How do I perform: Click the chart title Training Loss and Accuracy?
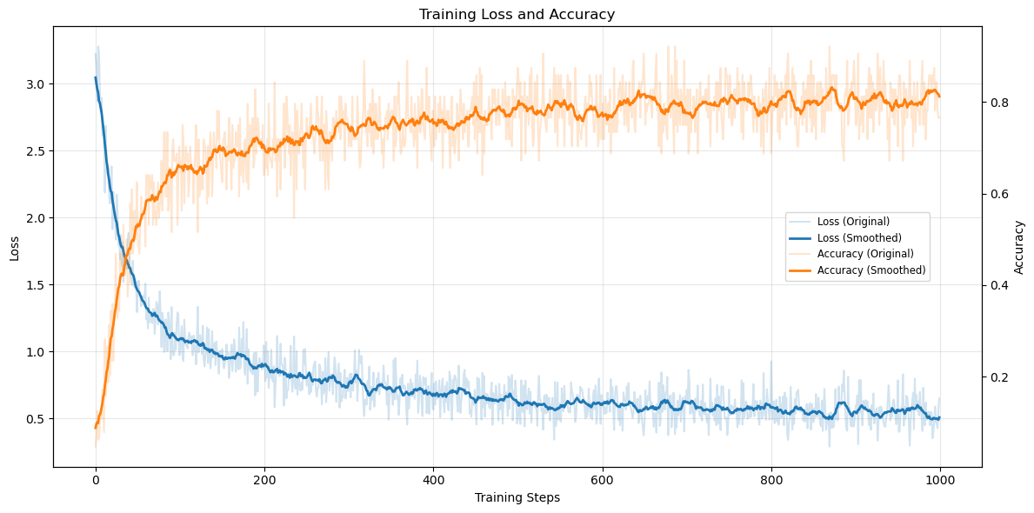[517, 14]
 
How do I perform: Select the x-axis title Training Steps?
[517, 497]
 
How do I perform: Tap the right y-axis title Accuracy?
[1019, 247]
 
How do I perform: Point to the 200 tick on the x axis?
[264, 479]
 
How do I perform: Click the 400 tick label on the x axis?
[433, 479]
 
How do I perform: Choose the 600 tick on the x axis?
[602, 479]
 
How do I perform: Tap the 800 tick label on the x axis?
[771, 479]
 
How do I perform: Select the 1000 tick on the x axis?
[940, 479]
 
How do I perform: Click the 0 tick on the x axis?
[96, 479]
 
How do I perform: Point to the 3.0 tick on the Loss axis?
[37, 84]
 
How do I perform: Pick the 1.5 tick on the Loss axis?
[37, 285]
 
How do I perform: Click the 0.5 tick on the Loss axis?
[37, 419]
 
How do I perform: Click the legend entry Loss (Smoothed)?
[859, 237]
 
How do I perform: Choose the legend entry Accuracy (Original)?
[865, 254]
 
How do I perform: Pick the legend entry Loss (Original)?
[853, 221]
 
